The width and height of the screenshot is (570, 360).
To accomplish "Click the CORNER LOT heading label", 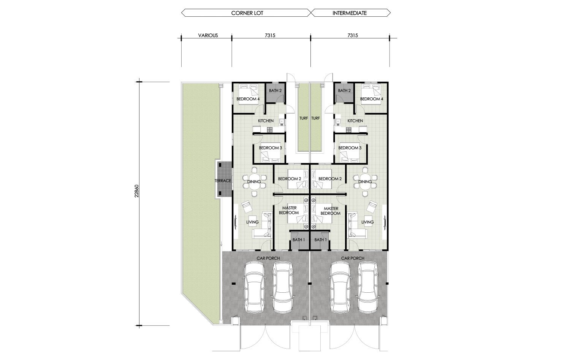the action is point(247,13).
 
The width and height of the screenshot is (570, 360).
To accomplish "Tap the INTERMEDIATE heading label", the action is point(350,13).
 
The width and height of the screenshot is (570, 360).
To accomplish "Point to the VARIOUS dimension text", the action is point(208,35).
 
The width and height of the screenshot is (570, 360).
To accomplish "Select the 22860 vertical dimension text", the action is point(137,191).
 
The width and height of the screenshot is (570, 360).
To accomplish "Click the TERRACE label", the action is point(223,181).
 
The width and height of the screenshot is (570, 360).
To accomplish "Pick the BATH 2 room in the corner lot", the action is point(275,92).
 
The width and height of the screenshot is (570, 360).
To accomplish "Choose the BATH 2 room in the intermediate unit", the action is point(344,92).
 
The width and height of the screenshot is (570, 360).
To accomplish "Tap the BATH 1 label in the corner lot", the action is point(299,239).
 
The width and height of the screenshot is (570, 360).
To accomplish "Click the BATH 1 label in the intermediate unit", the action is point(321,239).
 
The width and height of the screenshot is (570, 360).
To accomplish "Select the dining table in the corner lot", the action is point(254,181).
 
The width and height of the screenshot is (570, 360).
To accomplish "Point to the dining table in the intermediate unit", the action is point(365,181).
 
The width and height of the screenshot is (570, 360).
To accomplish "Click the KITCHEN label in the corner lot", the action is point(266,121).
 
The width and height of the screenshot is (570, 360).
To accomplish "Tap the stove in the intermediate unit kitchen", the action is point(348,130).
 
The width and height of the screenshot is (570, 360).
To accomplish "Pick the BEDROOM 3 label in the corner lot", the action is point(271,147).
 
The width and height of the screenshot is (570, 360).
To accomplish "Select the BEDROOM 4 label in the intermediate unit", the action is point(372,99).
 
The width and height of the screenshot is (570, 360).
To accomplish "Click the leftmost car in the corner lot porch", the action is point(254,287).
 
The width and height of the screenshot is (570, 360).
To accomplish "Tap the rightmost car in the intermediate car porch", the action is point(368,287).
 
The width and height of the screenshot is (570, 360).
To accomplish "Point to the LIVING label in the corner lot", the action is point(252,222).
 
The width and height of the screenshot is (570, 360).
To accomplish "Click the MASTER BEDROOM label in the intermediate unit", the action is point(331,211).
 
